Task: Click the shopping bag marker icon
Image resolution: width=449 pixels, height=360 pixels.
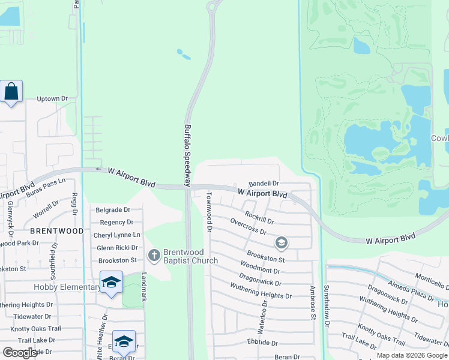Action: tap(11, 92)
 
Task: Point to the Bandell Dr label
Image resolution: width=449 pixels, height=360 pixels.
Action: tap(264, 183)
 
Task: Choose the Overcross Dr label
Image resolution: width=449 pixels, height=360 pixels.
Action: tap(248, 227)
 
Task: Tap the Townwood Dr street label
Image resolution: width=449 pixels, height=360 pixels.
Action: tap(209, 212)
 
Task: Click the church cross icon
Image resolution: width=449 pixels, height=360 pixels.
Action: tap(154, 256)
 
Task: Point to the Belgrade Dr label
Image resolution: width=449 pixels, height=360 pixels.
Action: tap(113, 210)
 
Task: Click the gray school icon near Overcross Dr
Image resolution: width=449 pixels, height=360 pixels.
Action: tap(280, 243)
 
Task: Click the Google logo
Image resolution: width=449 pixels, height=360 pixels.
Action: tap(20, 353)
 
